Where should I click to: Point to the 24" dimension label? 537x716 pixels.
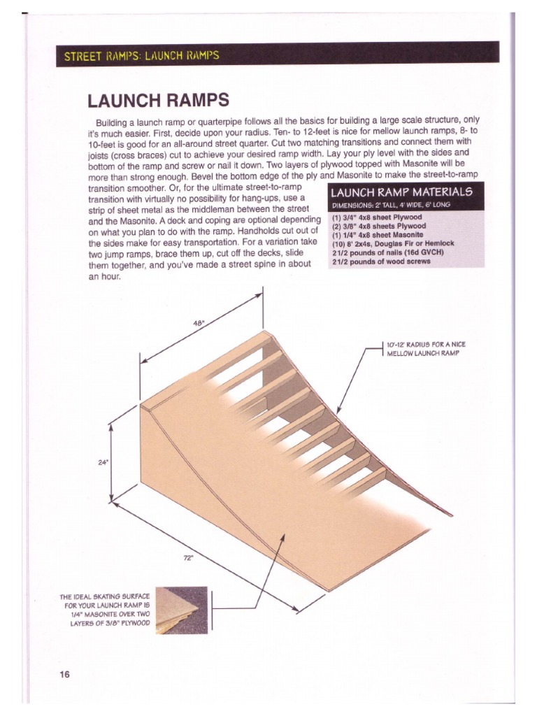tap(103, 462)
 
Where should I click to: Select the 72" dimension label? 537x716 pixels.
tap(188, 557)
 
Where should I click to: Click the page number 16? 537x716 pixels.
tap(64, 675)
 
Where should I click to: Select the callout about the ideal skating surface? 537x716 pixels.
tap(106, 609)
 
